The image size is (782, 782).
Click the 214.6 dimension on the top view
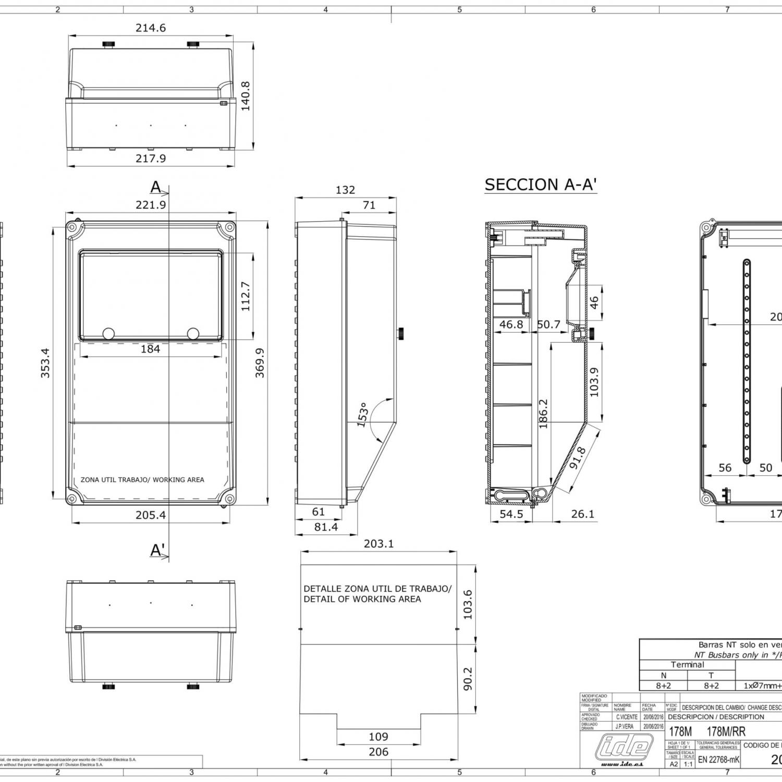point(151,28)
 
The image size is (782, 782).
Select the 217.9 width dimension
point(151,158)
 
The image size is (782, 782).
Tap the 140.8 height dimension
point(246,96)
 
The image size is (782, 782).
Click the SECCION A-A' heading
point(541,185)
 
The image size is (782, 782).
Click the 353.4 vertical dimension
point(45,363)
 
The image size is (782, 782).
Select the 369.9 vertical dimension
point(260,363)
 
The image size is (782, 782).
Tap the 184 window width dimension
point(150,349)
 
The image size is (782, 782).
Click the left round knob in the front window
point(109,333)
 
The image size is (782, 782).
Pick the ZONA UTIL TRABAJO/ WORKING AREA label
point(142,480)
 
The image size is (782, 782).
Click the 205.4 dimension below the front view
point(151,515)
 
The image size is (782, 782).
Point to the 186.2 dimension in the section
point(543,413)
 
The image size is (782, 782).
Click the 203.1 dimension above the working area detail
point(378,544)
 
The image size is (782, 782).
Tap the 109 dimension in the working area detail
point(378,737)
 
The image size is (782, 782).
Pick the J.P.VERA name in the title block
point(625,726)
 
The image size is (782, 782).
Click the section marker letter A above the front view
point(156,187)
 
